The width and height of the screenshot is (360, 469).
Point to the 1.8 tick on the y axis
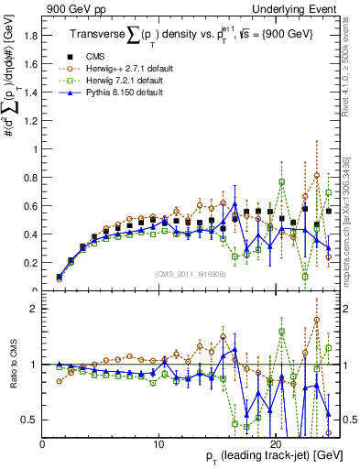pyautogui.click(x=31, y=36)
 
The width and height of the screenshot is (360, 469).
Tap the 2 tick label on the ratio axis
pyautogui.click(x=35, y=309)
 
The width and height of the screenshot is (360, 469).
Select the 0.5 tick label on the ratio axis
pyautogui.click(x=31, y=420)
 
